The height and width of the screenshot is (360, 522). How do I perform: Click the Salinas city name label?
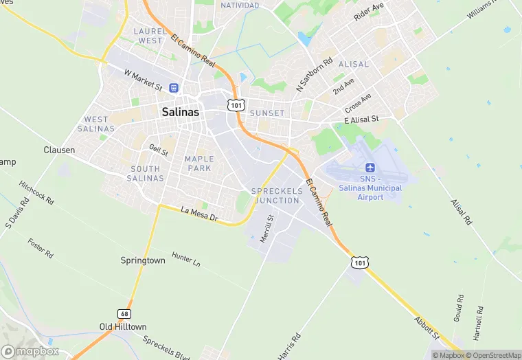181,111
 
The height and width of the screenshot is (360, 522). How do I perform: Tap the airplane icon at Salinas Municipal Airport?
370,168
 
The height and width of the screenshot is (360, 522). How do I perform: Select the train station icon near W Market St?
174,88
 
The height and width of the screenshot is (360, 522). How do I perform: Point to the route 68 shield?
124,313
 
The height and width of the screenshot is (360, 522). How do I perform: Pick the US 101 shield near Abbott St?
361,262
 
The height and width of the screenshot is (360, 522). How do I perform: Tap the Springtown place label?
143,260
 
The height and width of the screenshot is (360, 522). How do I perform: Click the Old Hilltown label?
124,327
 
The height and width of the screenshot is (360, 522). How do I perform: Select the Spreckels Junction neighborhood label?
277,195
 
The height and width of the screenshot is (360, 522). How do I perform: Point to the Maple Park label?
199,164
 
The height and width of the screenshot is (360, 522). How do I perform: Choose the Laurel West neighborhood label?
150,36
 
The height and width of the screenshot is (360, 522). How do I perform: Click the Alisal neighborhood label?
354,64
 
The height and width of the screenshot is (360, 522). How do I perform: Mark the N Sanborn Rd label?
314,75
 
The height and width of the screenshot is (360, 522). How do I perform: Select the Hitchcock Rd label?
37,192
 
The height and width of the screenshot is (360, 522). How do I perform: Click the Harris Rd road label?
291,347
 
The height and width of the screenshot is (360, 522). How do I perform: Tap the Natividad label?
240,5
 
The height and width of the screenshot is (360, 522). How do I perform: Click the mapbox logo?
30,351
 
